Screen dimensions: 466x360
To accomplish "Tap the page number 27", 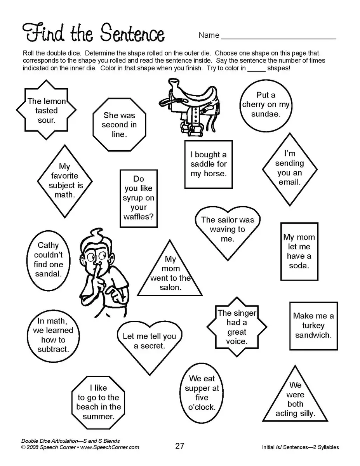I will click(x=179, y=446).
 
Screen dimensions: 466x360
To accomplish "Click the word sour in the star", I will click(x=46, y=120).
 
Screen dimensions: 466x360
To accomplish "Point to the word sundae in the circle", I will click(x=266, y=114).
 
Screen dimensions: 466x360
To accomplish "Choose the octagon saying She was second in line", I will click(x=119, y=125).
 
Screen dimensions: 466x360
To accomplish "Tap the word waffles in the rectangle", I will click(x=139, y=217).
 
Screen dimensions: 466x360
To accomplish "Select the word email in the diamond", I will click(x=289, y=182).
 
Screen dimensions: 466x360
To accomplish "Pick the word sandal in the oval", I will click(x=48, y=274).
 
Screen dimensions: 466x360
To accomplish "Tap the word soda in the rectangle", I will click(x=299, y=266).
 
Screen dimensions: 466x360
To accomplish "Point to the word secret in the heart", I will click(x=150, y=346).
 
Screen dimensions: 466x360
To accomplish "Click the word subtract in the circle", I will click(x=53, y=349).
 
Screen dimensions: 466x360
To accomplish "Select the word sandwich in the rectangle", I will click(x=313, y=335).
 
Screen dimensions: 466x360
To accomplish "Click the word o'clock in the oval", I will click(x=202, y=407).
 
